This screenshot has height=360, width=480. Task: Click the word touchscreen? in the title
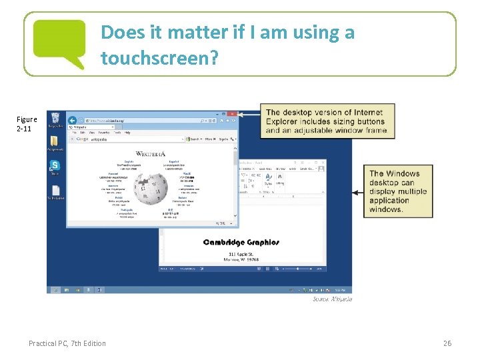pos(159,59)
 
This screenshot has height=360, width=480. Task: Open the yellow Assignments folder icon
pos(55,143)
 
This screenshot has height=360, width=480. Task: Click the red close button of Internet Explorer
pos(231,114)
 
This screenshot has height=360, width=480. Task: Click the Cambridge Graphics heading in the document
pos(241,242)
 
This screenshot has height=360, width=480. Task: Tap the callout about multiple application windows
pos(397,191)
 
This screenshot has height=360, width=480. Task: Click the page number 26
pos(447,343)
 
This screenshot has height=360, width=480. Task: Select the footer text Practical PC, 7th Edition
pos(67,343)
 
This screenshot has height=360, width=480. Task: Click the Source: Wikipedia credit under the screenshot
pos(332,299)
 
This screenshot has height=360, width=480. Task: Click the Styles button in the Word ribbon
pos(267,180)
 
